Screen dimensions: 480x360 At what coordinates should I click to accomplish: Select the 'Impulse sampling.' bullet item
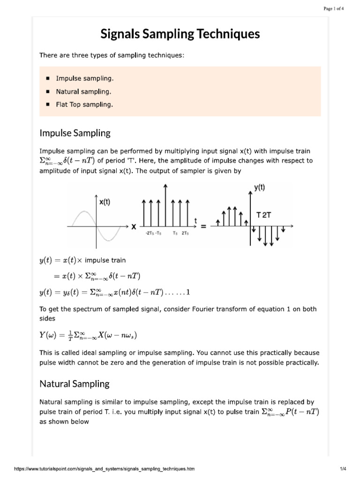coord(84,78)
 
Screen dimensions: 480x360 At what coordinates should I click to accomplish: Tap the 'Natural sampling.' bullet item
coord(83,91)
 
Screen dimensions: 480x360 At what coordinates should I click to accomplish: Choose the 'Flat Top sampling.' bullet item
coord(84,105)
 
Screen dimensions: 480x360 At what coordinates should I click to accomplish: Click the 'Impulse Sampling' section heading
coord(75,133)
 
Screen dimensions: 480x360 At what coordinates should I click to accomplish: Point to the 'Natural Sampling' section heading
coord(74,383)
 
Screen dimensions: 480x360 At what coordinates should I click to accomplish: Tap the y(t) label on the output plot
coord(260,187)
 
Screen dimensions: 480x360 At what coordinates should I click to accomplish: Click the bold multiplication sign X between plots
coord(134,226)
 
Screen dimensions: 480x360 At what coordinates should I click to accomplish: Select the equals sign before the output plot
coord(203,226)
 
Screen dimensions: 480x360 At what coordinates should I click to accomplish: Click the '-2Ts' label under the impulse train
coord(150,233)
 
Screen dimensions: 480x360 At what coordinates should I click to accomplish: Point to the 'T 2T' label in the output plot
coord(264,215)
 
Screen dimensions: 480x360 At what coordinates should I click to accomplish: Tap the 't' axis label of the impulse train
coord(195,220)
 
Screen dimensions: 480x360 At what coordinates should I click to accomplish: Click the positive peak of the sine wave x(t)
coord(84,212)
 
